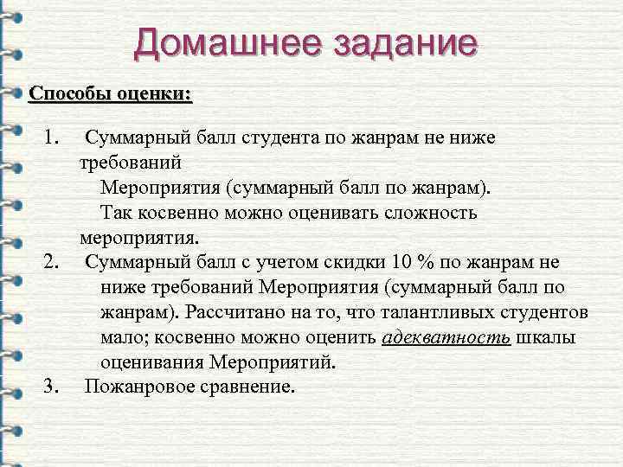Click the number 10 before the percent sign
tap(397, 262)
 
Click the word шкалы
tap(545, 337)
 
